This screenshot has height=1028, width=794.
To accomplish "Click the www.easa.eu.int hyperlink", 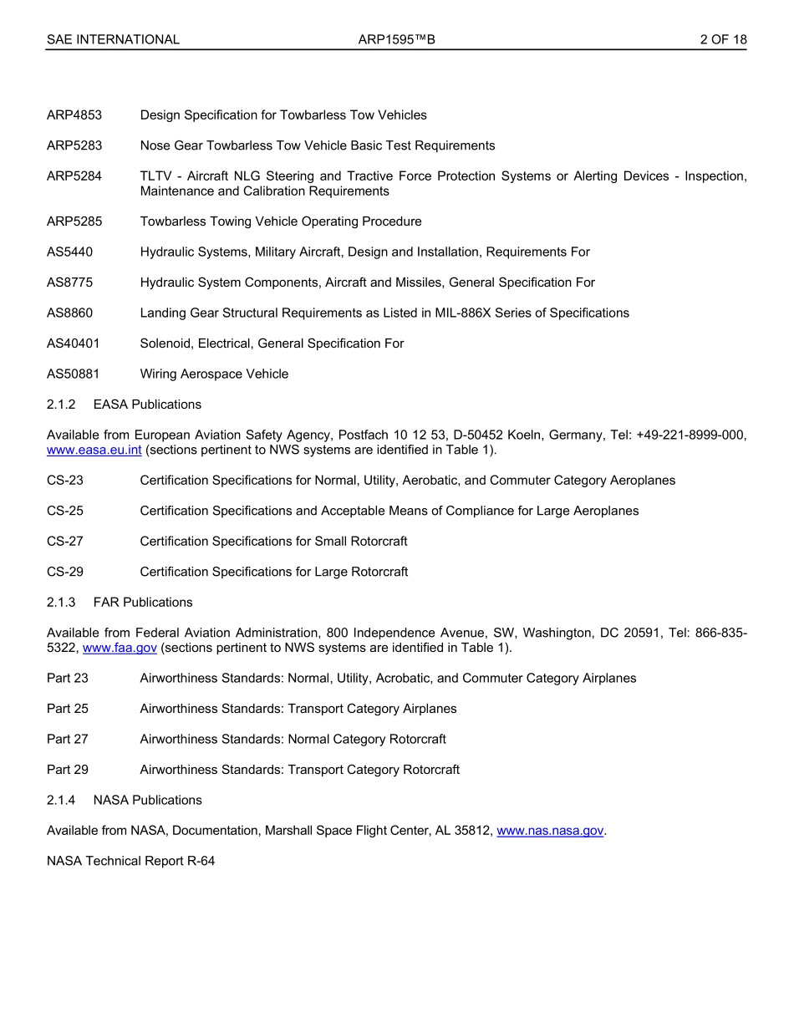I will [94, 450].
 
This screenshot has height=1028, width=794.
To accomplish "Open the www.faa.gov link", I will [120, 649].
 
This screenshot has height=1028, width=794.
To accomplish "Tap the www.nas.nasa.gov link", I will [550, 831].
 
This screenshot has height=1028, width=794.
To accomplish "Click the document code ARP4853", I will [74, 115].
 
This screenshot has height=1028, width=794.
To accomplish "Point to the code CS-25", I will [65, 511].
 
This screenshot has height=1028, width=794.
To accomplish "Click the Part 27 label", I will [68, 739].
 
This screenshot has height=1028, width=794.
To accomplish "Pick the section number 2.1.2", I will [61, 405].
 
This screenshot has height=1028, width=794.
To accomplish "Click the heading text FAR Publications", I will [143, 603].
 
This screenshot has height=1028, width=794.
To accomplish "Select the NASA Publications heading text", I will [148, 800].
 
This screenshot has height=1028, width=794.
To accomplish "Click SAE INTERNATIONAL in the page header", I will [113, 39].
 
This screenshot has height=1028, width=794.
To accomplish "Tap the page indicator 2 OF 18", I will [723, 39].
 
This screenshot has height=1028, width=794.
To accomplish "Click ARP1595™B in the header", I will [396, 39].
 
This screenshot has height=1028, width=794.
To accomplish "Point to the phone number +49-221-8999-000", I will [691, 435].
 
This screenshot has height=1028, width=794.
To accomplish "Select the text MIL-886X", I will [461, 313].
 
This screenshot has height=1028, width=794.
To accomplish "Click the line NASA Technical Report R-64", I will [131, 861].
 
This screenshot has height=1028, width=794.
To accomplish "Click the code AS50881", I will [74, 374].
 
